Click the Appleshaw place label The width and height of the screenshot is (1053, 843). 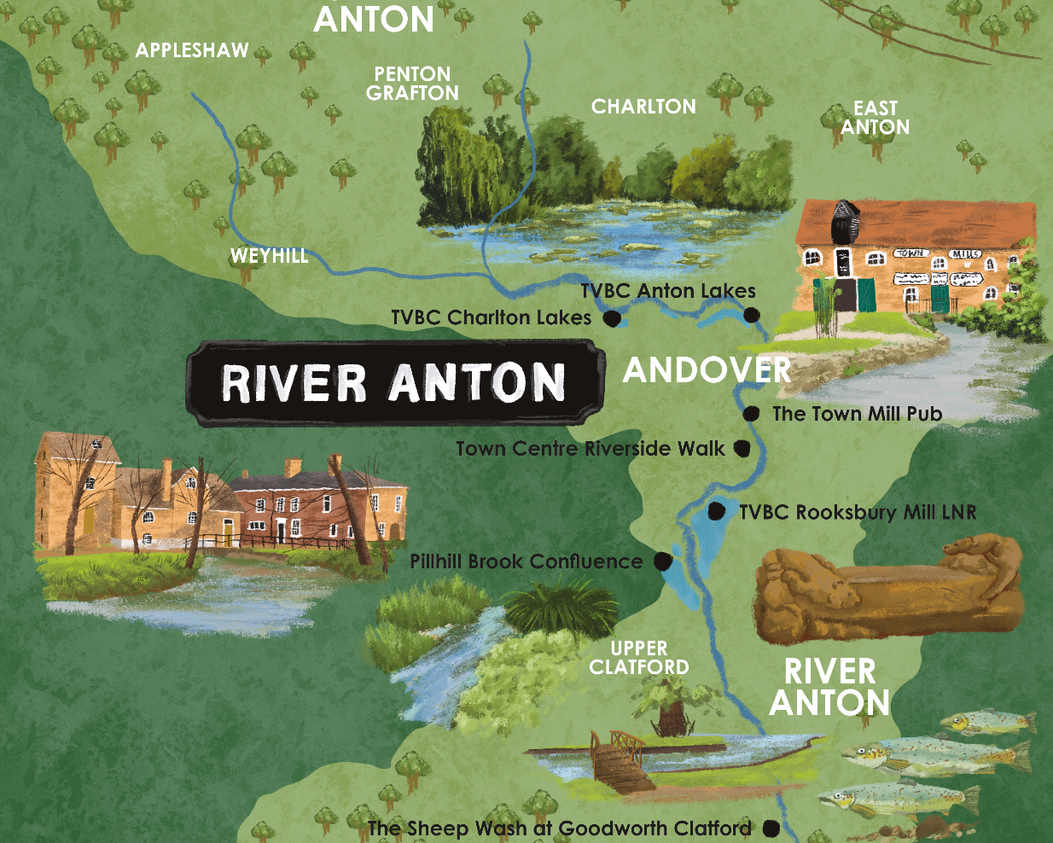(x=192, y=50)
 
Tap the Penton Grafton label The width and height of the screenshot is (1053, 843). (x=413, y=84)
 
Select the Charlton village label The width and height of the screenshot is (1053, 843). (x=643, y=107)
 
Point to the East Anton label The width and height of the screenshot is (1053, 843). (x=876, y=118)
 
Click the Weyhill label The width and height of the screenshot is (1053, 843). (x=269, y=255)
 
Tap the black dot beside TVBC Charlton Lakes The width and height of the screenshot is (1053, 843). (x=611, y=319)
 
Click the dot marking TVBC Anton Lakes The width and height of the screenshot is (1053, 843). (x=751, y=315)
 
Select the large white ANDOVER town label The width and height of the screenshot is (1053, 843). (x=707, y=370)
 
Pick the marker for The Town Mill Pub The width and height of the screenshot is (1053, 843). (x=751, y=414)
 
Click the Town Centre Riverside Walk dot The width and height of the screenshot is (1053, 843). (x=742, y=448)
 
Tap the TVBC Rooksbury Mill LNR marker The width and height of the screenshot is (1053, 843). (x=717, y=511)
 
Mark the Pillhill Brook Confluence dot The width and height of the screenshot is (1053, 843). (x=661, y=561)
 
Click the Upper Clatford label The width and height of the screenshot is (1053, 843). (x=639, y=658)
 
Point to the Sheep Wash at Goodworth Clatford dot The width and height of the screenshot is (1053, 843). (x=771, y=828)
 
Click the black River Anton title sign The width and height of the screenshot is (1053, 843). (x=394, y=382)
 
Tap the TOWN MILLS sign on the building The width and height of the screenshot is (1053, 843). (x=937, y=254)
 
